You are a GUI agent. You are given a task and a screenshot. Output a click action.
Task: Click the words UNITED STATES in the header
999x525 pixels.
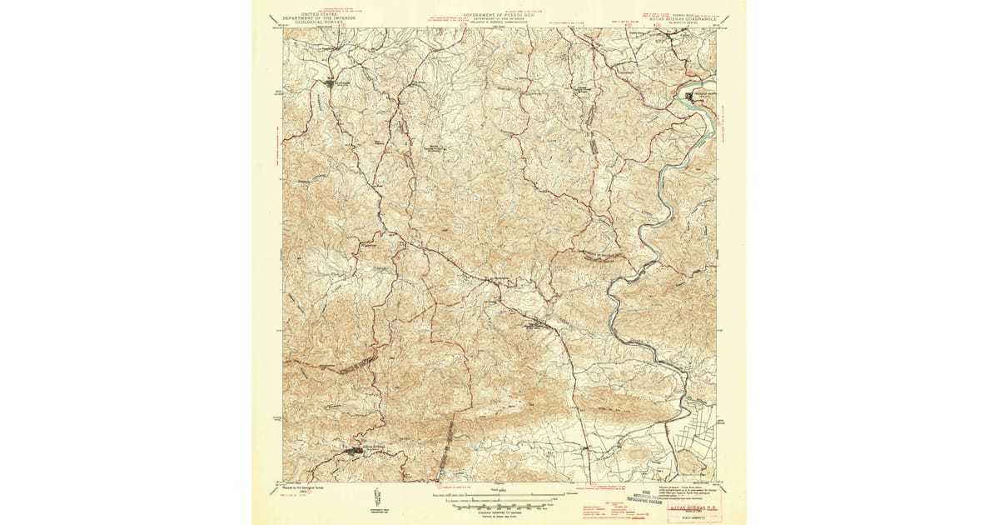pyautogui.click(x=320, y=15)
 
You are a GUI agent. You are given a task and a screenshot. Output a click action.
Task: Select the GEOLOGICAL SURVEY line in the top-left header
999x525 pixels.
pyautogui.click(x=320, y=24)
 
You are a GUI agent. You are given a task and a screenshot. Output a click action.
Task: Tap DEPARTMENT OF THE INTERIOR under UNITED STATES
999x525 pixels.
pyautogui.click(x=320, y=19)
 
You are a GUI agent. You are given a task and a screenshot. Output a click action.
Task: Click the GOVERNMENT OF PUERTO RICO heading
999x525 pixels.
pyautogui.click(x=498, y=15)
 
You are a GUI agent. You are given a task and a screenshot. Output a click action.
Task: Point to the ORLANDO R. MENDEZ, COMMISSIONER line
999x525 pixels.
pyautogui.click(x=498, y=24)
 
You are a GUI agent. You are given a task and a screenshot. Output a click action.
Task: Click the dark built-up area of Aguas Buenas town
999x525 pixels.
pyautogui.click(x=359, y=452)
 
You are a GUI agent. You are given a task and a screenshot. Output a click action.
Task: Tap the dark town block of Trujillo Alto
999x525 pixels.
pyautogui.click(x=690, y=97)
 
